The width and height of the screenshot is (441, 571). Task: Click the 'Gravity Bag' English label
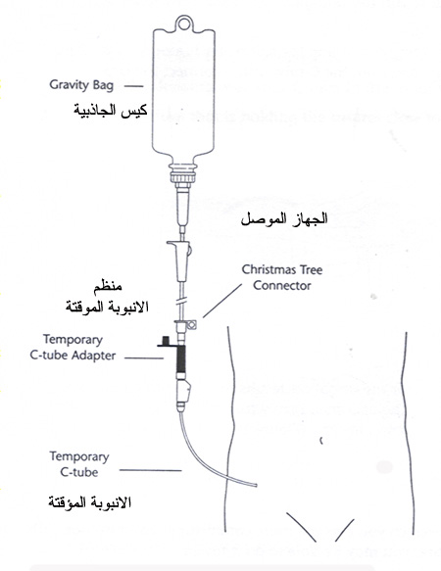81,85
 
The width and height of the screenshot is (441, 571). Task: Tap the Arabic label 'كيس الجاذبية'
110,110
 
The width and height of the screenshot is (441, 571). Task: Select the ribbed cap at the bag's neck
183,173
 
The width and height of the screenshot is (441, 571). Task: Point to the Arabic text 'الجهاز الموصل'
284,219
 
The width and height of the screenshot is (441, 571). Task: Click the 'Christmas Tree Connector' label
281,277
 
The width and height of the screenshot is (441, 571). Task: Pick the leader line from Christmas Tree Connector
222,301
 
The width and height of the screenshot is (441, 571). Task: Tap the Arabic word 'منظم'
108,286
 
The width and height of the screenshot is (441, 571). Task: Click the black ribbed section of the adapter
180,358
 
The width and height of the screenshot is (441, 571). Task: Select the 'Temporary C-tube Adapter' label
73,348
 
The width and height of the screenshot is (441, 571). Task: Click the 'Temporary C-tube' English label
79,464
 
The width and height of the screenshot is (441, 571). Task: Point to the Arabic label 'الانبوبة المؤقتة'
89,502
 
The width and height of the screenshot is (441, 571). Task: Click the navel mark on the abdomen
321,441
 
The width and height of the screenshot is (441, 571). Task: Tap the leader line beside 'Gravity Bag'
133,86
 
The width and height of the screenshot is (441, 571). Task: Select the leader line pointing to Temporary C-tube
151,470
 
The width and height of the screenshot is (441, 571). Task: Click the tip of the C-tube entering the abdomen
256,485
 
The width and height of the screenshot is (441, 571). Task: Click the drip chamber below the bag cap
183,206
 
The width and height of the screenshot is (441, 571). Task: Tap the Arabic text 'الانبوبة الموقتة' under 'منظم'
107,307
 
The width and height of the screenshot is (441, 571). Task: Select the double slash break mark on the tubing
182,302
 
